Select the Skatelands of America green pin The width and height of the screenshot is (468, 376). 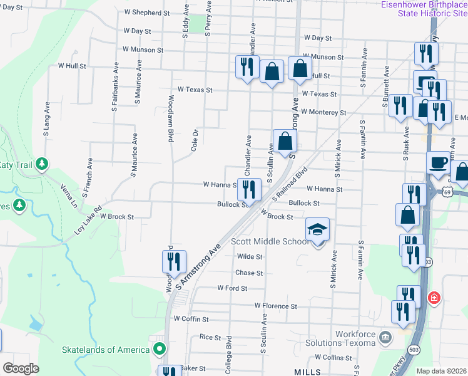tap(160, 349)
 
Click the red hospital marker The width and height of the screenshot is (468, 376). tap(434, 298)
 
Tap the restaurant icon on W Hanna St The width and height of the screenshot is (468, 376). tap(249, 189)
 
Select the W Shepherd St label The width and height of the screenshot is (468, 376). tap(147, 13)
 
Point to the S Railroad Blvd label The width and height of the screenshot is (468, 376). tap(292, 182)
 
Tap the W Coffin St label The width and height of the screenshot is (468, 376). tap(191, 318)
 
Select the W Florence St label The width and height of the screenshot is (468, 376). tap(275, 306)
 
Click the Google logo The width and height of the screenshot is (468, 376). tap(21, 368)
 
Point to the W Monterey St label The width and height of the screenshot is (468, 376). tap(323, 112)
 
